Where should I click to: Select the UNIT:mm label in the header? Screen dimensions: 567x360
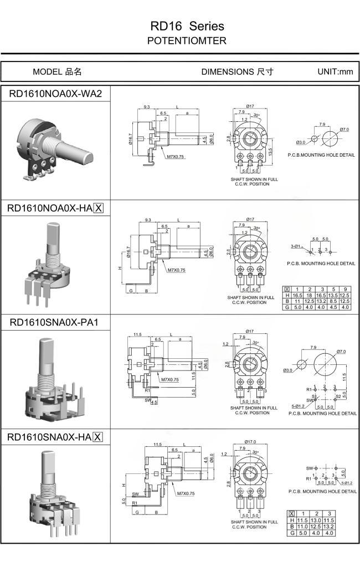335,71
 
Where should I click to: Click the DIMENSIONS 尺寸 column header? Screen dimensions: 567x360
236,71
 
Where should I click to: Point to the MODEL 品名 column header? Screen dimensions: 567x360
57,71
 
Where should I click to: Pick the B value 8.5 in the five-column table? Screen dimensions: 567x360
333,301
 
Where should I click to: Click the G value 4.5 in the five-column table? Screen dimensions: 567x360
333,307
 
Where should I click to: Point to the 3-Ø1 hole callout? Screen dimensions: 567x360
297,245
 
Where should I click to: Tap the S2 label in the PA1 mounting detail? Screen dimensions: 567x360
338,397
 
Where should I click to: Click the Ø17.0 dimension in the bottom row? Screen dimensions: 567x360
251,442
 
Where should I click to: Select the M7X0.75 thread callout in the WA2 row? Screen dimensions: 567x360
175,157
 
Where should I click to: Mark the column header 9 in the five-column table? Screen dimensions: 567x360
346,290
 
